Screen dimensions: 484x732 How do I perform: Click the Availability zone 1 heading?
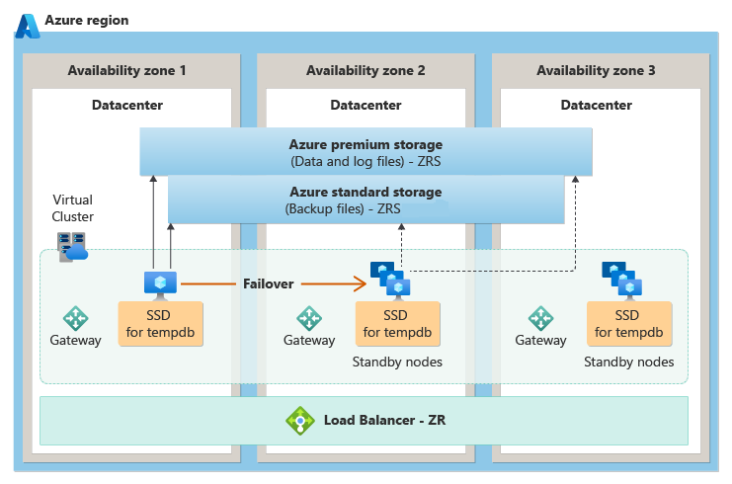[x=126, y=71]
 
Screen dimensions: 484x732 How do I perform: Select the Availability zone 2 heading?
[x=366, y=71]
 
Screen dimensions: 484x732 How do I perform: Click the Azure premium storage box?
[x=366, y=152]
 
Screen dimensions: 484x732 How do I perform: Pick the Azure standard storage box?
[x=366, y=201]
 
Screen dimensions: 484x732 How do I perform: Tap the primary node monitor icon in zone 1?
[x=159, y=283]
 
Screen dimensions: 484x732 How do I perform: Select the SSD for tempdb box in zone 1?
[x=160, y=323]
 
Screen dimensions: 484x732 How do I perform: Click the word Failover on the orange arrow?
[x=269, y=283]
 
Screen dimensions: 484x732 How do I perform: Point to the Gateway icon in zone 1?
[x=76, y=318]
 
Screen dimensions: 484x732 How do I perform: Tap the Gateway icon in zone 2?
[x=309, y=318]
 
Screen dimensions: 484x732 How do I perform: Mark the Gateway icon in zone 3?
[x=540, y=318]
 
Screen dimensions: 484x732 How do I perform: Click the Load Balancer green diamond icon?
[x=299, y=421]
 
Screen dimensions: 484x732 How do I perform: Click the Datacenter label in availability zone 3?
[x=596, y=105]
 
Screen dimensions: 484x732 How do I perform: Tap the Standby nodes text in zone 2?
[x=397, y=363]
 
